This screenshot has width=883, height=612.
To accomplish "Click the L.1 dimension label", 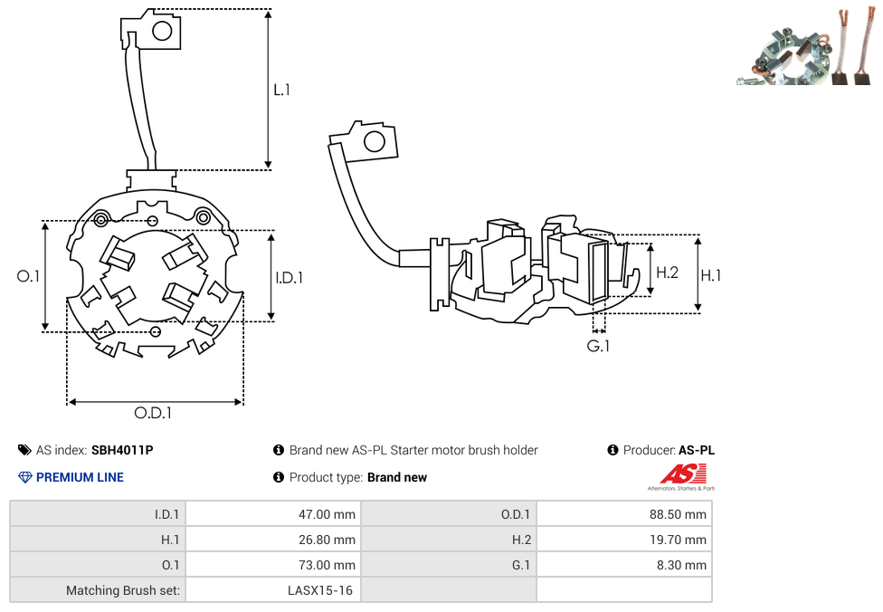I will pos(281,90).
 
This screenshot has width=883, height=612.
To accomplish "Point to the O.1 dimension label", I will pos(29,276).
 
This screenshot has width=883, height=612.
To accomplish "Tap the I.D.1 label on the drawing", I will pos(289,278).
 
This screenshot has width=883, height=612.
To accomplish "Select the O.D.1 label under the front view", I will pos(153,413).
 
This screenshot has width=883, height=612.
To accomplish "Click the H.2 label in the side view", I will pos(667,272).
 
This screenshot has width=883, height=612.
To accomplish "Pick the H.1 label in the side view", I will pos(711,274).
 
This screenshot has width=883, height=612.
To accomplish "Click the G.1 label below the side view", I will pos(598,346).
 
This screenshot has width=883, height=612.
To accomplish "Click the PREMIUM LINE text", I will pos(80,477).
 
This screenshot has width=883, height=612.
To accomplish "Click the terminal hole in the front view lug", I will pos(163,32).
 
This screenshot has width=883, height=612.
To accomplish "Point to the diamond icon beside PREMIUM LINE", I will pos(24,477).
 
